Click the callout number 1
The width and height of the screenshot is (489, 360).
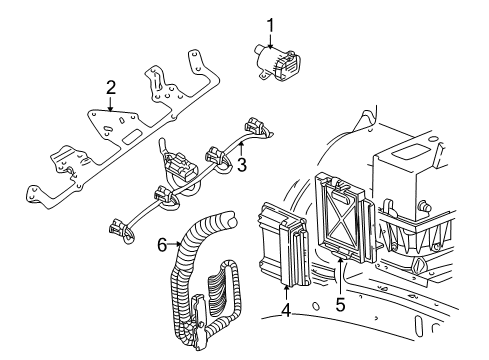click(269, 24)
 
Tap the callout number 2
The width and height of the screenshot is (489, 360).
click(112, 88)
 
